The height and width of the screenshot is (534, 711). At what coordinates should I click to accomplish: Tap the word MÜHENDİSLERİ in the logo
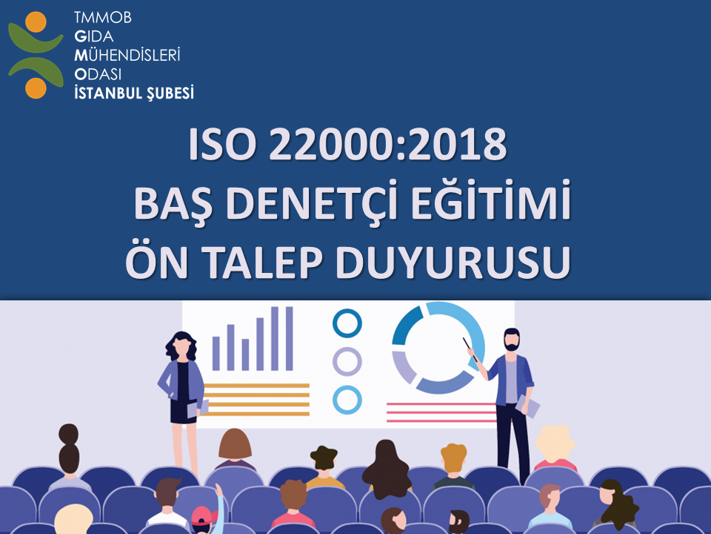127,55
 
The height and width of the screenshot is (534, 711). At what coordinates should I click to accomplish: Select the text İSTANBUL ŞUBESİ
134,93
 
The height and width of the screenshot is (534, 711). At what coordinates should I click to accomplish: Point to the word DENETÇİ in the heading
316,205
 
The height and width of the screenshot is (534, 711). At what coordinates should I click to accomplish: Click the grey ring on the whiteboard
347,362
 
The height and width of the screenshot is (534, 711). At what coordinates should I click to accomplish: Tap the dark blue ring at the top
347,323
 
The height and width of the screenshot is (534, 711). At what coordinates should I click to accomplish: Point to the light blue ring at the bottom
347,400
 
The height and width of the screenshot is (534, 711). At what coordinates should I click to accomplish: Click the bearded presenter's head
510,340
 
